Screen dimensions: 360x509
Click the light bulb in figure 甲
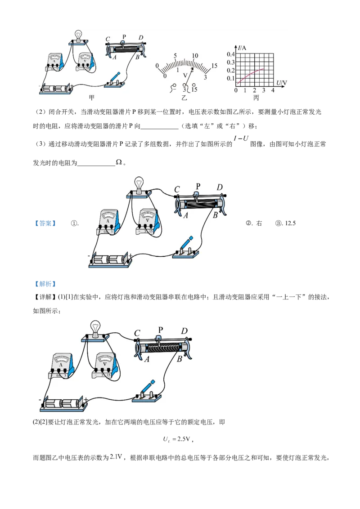[78, 35]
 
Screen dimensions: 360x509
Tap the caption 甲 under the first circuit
[92, 98]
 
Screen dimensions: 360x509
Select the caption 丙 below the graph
[256, 98]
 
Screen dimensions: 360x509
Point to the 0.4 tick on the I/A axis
[230, 54]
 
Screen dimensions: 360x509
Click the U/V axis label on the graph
[281, 83]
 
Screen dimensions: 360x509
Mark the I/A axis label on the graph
[242, 48]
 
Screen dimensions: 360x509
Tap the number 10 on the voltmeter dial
[195, 55]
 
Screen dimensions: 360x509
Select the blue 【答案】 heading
[45, 223]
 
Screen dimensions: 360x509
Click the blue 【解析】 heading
[45, 284]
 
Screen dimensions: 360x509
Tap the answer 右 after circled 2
[259, 223]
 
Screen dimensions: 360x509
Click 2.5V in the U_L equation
[184, 439]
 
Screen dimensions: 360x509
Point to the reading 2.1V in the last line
[116, 457]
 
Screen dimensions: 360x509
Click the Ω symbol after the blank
[119, 162]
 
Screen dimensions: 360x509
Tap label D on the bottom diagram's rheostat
[184, 331]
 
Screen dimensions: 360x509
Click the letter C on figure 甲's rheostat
[108, 40]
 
